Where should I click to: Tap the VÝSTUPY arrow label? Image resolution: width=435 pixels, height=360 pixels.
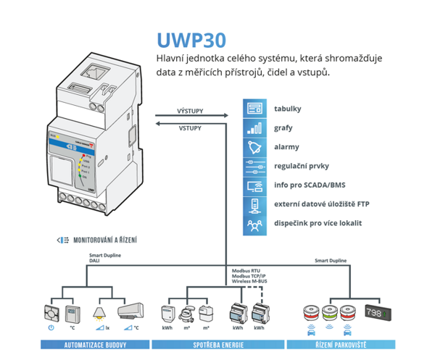click(190, 112)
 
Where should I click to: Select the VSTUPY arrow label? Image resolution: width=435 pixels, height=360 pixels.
click(190, 127)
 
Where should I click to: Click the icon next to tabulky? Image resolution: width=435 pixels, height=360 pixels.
click(254, 109)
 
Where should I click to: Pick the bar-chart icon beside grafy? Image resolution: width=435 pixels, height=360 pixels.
click(254, 128)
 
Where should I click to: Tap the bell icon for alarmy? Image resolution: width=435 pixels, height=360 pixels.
click(254, 147)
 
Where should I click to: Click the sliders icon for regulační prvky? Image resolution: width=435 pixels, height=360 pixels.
click(254, 166)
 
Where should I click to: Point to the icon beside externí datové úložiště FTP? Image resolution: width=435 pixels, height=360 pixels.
click(254, 205)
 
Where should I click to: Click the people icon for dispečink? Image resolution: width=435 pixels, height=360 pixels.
click(254, 225)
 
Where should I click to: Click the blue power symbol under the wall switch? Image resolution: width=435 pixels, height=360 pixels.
click(51, 328)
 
